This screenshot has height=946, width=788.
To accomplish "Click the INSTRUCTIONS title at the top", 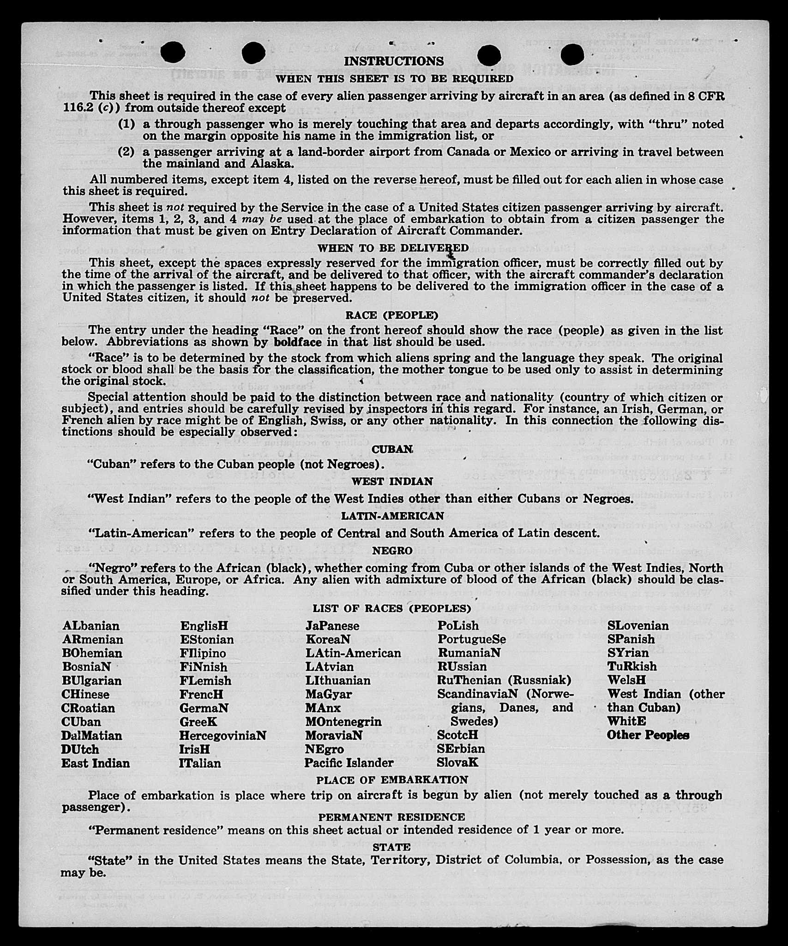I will tap(394, 61).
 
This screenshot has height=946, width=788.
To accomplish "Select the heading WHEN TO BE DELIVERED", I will tap(393, 248).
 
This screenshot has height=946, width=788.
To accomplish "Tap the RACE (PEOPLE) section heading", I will tap(392, 315).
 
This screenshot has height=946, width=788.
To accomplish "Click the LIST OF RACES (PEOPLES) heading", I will tap(392, 608).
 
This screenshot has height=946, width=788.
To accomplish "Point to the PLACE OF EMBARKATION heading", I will tap(392, 780).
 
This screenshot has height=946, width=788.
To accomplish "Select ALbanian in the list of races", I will tap(91, 626).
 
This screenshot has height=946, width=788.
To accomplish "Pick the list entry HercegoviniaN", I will tap(223, 735).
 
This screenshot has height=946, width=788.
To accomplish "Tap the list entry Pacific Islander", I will tap(349, 763).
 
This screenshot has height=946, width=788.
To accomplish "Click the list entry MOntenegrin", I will tap(343, 721).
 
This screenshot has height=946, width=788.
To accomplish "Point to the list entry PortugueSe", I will tap(472, 639).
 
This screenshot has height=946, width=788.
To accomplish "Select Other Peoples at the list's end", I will tap(648, 735).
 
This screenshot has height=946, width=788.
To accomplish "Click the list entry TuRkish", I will tap(632, 666).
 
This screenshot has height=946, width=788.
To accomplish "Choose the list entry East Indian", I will tap(96, 763).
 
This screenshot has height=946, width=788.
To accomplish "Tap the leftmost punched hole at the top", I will tap(174, 52).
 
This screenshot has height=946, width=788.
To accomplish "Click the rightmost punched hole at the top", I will tap(572, 54).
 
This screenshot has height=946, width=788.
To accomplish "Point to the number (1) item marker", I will tap(126, 124).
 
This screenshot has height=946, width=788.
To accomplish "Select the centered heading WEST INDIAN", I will tap(392, 482).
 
